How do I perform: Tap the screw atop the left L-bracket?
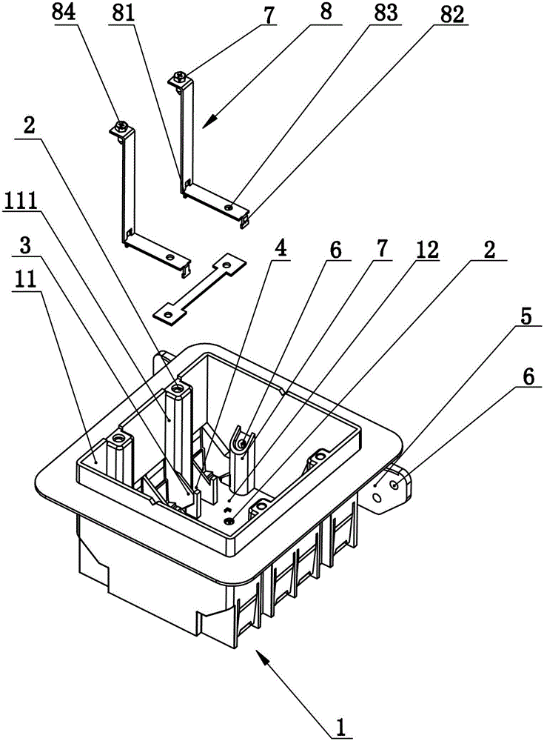[121, 127]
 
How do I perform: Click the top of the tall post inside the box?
[178, 386]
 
